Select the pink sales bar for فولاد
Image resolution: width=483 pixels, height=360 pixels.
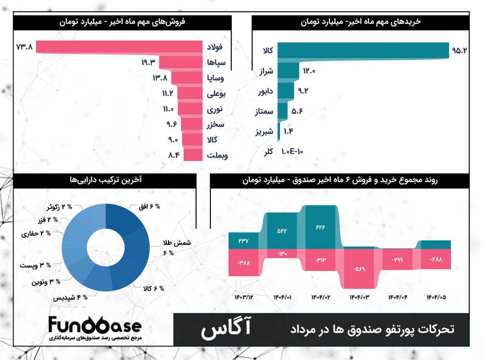(119, 47)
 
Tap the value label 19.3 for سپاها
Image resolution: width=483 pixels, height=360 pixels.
(148, 62)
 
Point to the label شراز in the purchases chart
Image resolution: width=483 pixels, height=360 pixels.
(266, 71)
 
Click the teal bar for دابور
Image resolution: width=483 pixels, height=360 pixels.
(286, 91)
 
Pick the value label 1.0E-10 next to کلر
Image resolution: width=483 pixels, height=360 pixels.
(292, 152)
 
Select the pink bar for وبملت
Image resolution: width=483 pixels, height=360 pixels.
(193, 155)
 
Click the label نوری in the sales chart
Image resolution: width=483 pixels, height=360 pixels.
(215, 109)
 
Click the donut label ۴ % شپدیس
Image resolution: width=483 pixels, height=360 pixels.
(71, 298)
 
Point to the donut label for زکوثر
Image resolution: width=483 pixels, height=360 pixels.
(59, 207)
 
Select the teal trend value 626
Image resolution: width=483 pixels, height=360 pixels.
(320, 227)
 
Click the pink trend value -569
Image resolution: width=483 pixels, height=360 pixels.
(359, 269)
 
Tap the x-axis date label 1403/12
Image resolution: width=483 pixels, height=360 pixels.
(244, 297)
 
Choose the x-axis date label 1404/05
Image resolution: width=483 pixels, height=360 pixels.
(436, 297)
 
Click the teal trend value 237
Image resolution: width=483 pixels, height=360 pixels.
(243, 241)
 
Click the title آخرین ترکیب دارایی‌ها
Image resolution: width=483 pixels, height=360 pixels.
(106, 180)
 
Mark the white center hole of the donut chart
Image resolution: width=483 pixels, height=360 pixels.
(106, 247)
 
